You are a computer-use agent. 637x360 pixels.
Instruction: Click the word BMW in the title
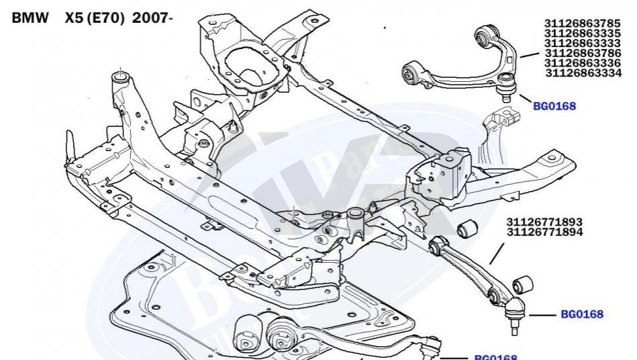pos(30,18)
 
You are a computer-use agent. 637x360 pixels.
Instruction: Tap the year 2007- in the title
pos(152,18)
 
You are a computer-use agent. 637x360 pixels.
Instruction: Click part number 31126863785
pos(582,23)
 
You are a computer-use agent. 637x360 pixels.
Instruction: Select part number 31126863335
pos(582,33)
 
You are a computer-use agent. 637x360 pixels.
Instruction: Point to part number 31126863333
pos(582,43)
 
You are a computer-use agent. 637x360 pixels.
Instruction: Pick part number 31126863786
pos(583,53)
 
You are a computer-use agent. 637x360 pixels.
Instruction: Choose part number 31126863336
pos(582,63)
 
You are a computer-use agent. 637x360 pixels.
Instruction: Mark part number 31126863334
pos(583,73)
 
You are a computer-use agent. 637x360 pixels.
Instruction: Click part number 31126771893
pos(544,222)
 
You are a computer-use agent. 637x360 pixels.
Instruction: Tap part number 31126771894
pos(544,232)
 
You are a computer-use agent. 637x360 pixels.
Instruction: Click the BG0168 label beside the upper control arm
pos(554,106)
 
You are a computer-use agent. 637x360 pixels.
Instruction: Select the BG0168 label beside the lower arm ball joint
pos(582,314)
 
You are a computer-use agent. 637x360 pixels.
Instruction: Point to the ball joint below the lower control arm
pos(514,316)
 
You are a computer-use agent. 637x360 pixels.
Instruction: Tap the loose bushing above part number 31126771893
pos(467,228)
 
